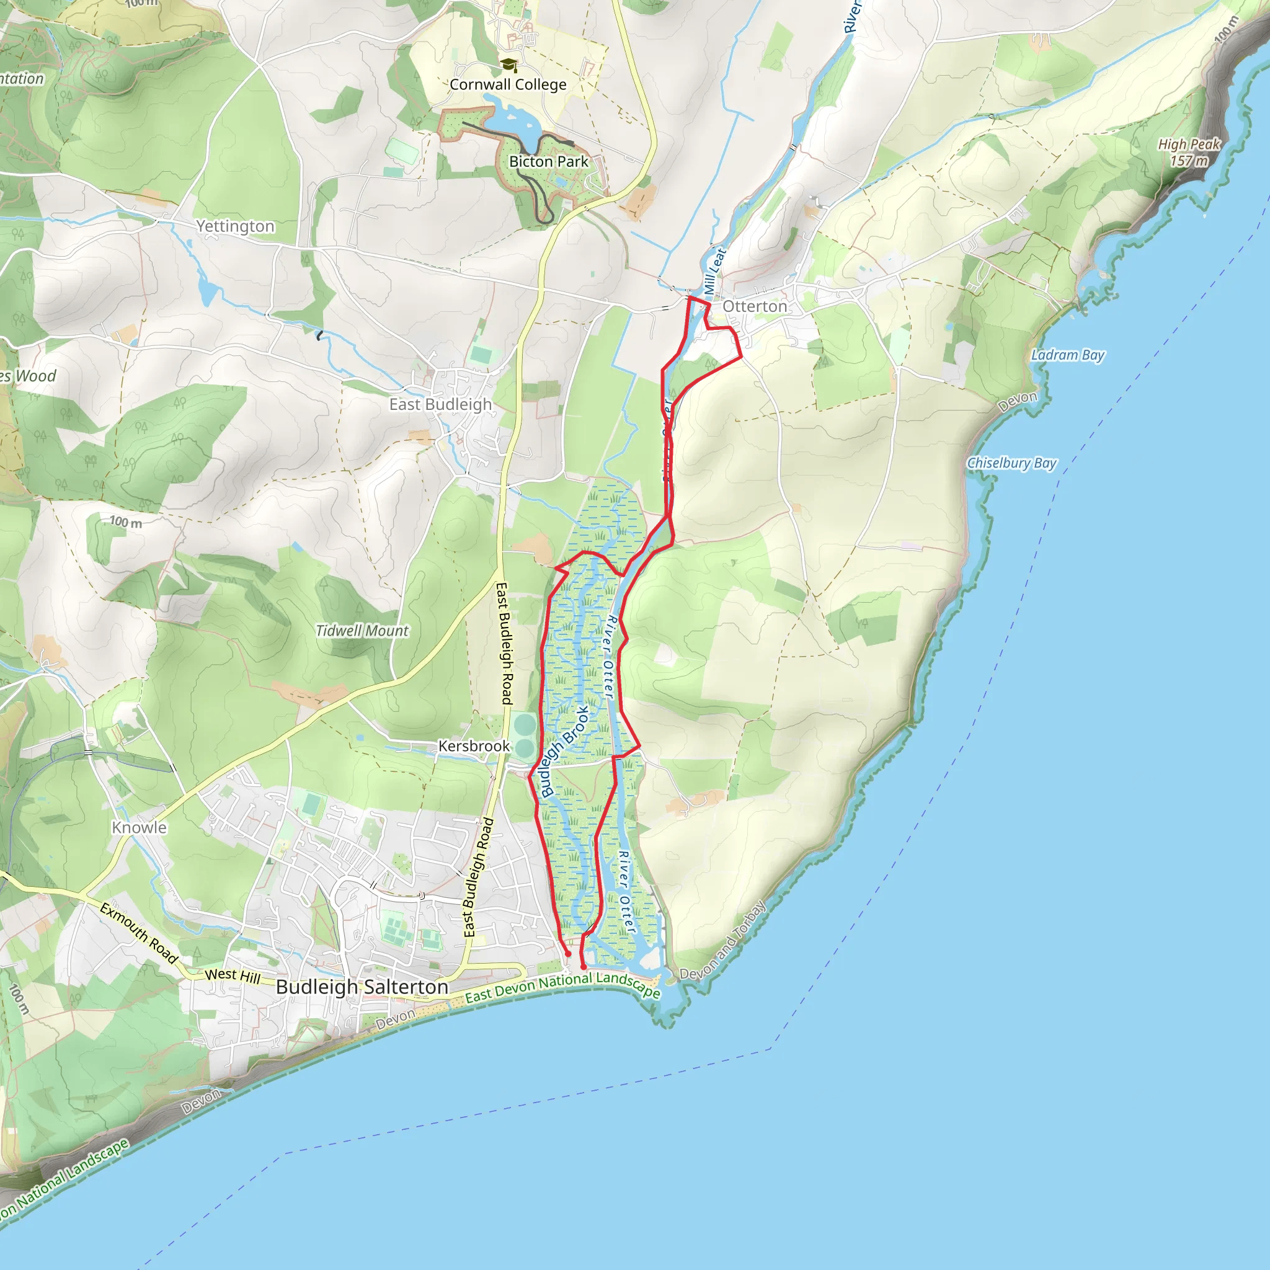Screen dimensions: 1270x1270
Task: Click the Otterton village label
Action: pos(755,307)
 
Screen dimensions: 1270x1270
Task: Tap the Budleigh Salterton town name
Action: pos(362,987)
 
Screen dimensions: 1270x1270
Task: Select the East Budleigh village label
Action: pos(440,404)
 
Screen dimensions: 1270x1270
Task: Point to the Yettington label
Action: pos(235,226)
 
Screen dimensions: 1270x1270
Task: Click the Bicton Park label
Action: pos(548,162)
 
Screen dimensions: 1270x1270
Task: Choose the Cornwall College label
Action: pos(507,85)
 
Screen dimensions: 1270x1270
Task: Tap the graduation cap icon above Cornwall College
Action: pos(508,64)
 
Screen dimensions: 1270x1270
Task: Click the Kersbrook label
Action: pos(474,746)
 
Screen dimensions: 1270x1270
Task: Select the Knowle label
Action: pos(139,828)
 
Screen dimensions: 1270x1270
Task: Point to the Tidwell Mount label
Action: pos(362,631)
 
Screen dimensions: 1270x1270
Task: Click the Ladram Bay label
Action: pos(1068,355)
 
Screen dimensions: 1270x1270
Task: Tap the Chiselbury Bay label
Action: pos(1011,463)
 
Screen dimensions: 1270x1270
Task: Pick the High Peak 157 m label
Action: pos(1189,152)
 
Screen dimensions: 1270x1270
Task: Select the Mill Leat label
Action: pos(714,272)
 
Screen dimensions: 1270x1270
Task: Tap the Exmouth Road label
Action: pos(139,933)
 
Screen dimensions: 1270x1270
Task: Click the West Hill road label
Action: pos(232,975)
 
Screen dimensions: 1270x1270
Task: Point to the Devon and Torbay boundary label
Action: pos(723,941)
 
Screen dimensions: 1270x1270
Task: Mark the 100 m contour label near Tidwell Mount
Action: pos(125,523)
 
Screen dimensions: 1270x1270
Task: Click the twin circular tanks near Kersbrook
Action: pos(525,735)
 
